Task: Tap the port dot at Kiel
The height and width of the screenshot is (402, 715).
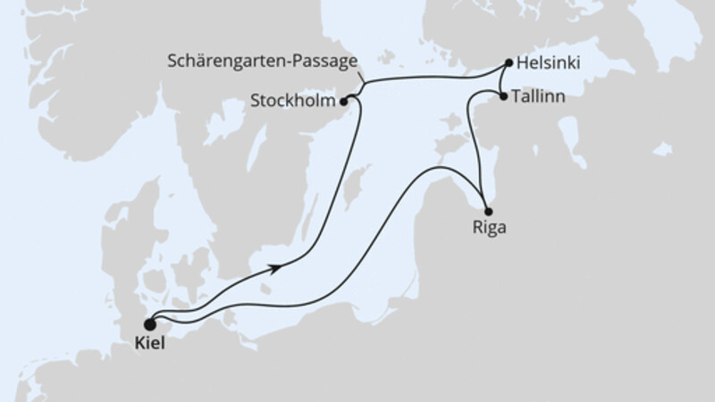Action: pyautogui.click(x=149, y=324)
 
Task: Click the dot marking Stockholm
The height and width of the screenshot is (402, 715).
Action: pyautogui.click(x=345, y=101)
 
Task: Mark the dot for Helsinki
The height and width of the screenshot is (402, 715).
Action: pyautogui.click(x=509, y=63)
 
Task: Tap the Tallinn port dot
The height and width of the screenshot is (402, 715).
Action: pyautogui.click(x=504, y=96)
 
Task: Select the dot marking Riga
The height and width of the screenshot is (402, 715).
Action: pyautogui.click(x=488, y=211)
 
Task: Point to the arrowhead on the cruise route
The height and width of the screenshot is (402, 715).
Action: pyautogui.click(x=282, y=264)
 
